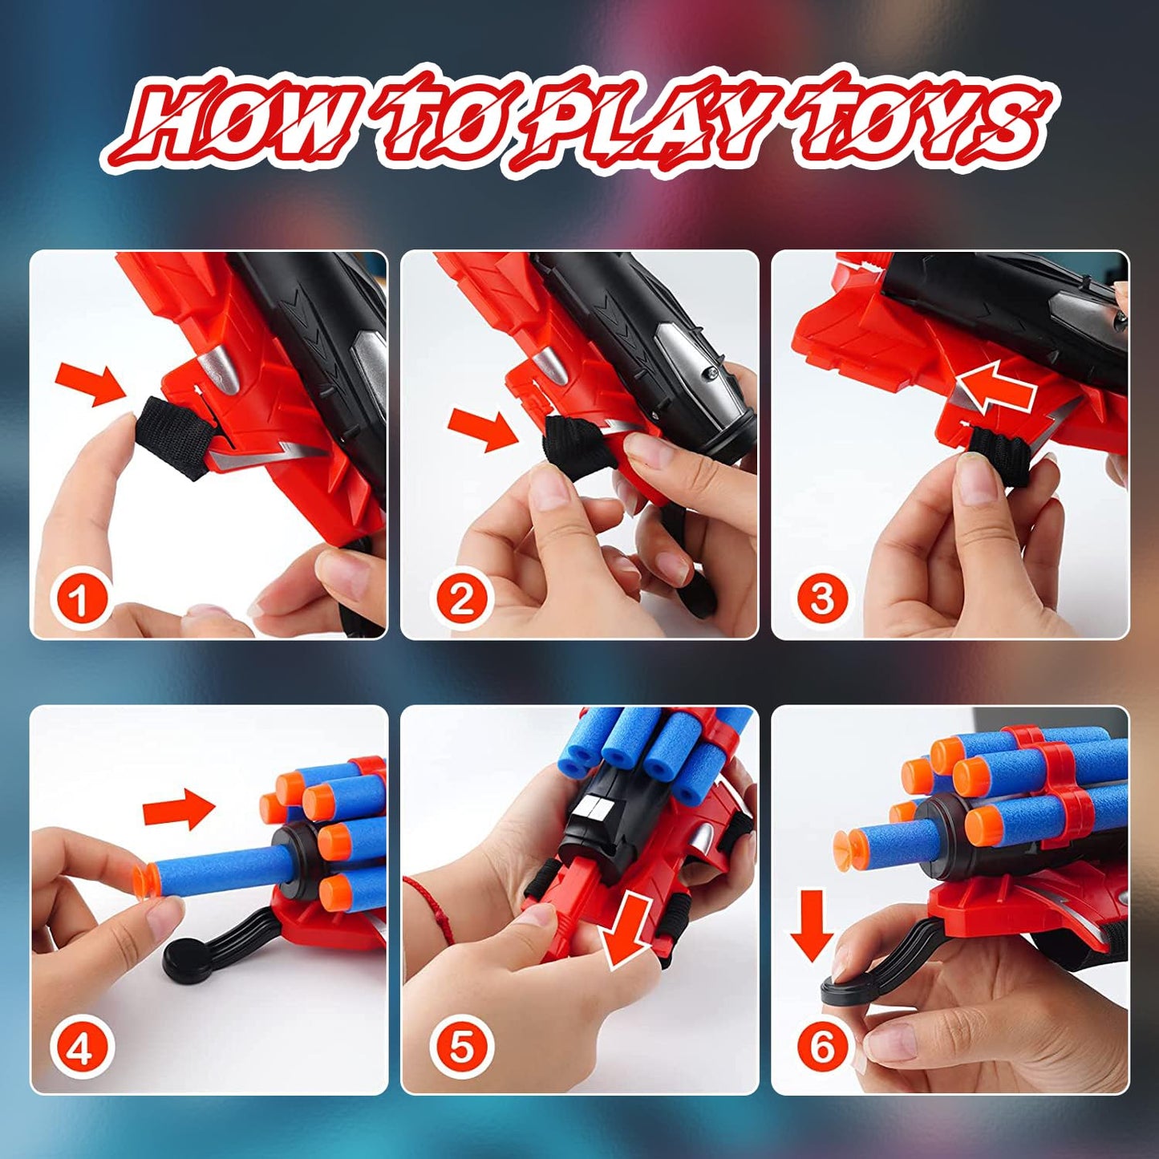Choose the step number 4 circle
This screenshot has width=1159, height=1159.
(79, 1048)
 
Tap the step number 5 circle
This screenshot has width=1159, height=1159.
(461, 1048)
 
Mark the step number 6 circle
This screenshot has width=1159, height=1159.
(822, 1048)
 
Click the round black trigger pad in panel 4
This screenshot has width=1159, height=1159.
(187, 958)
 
